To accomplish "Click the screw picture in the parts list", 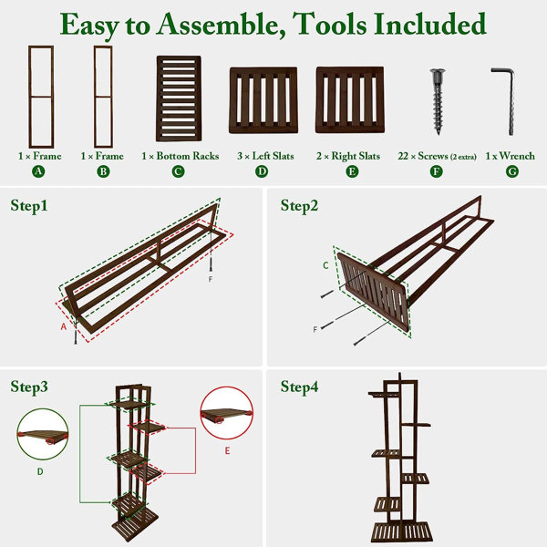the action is click(438, 101).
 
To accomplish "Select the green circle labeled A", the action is click(38, 171).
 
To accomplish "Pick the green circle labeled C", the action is click(178, 171).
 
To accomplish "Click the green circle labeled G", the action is click(512, 171).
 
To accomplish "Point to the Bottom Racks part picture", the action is click(179, 98).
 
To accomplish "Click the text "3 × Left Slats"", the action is click(265, 156).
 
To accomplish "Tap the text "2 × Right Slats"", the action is click(348, 156).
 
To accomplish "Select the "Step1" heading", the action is click(29, 205).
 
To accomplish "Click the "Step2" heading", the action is click(299, 205).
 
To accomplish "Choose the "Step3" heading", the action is click(29, 387).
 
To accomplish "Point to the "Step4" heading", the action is click(299, 387).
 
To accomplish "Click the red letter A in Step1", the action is click(64, 326).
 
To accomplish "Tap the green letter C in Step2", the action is click(325, 266).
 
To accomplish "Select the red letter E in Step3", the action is click(227, 450).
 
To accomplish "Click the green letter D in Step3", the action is click(40, 471).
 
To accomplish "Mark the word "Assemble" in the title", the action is click(221, 25).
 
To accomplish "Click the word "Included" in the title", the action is click(429, 24).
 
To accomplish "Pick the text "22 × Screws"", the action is click(423, 156).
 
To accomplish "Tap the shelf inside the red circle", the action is click(227, 415).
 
